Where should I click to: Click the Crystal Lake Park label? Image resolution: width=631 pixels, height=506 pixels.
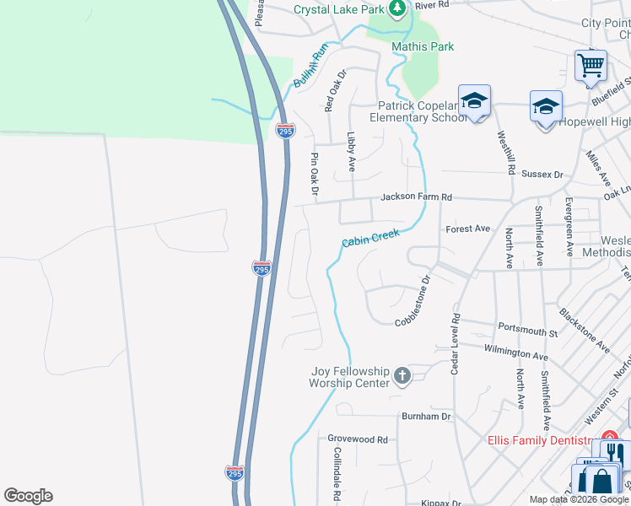point(338,9)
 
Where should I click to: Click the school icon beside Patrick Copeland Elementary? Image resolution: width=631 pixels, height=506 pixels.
point(475,101)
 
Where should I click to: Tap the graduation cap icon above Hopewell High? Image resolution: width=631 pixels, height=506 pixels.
point(546,107)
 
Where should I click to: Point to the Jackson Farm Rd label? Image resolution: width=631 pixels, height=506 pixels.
point(416,196)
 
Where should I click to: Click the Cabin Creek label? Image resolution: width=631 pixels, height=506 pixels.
point(370,238)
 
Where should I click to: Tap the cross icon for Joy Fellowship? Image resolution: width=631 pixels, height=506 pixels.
point(402,376)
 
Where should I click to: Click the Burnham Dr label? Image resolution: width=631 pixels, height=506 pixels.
point(426,416)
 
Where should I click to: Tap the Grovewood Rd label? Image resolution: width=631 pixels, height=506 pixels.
point(357,439)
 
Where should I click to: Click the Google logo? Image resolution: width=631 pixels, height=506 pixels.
point(28,496)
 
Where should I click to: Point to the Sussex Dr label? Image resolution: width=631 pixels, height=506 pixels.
point(542,175)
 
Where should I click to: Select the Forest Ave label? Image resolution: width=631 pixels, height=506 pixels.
point(468,229)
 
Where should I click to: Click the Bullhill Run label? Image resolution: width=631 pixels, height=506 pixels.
point(310,67)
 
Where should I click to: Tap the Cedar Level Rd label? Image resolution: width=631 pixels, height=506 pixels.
point(455,344)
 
